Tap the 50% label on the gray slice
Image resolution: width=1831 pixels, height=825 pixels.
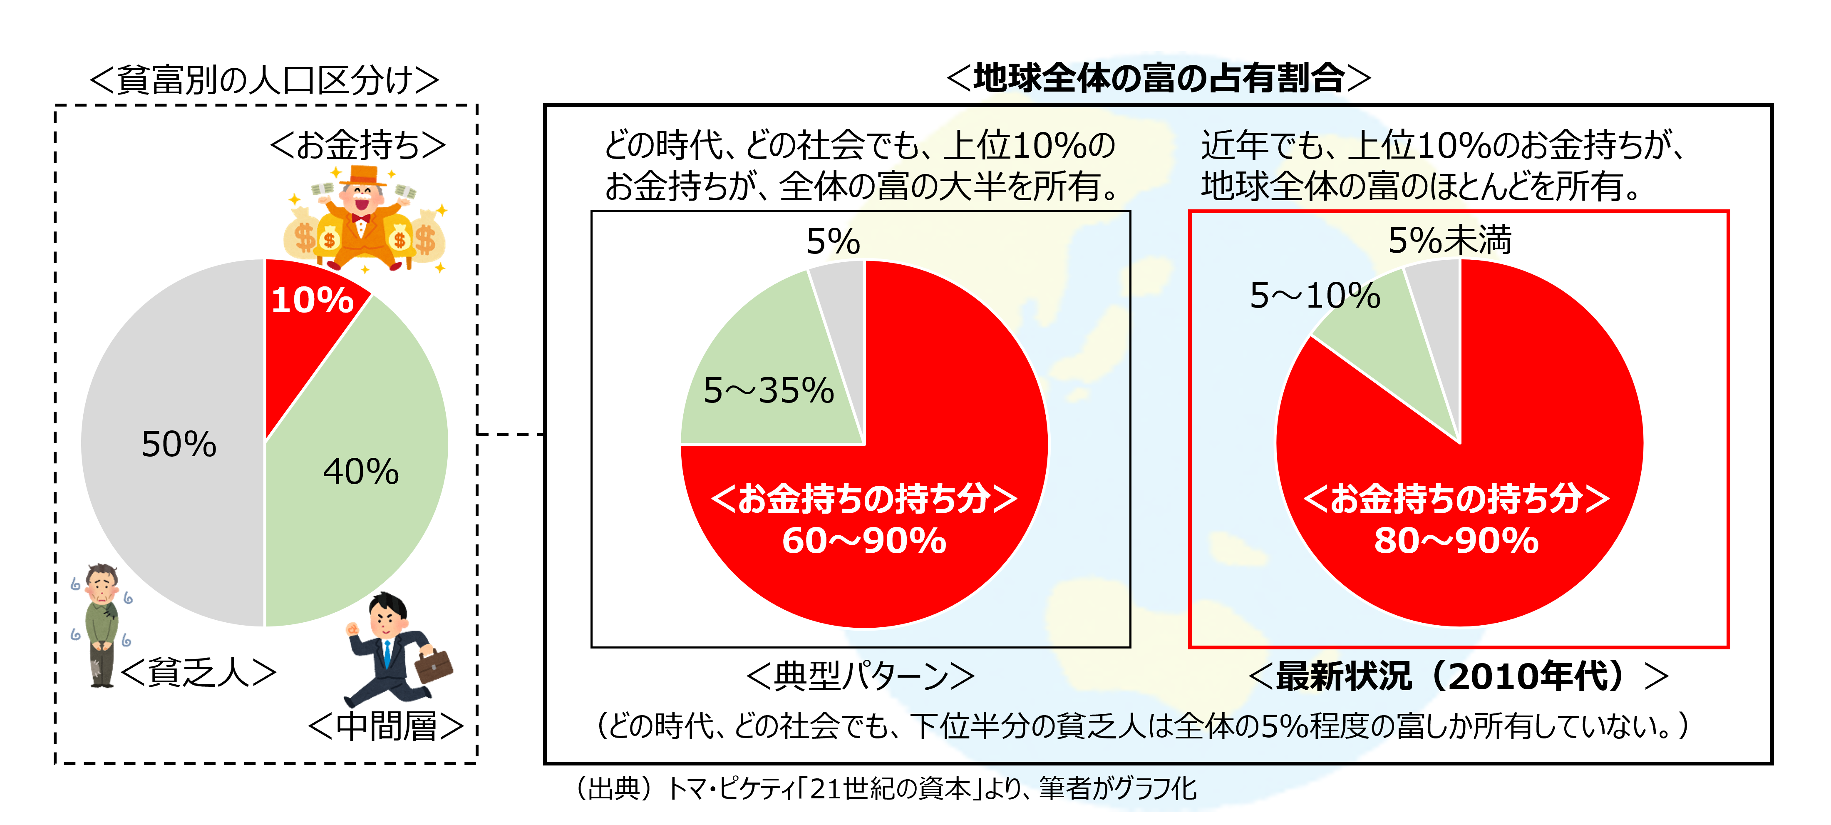pos(179,445)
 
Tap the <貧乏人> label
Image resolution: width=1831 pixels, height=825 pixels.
pos(198,673)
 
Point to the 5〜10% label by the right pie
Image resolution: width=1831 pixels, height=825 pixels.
pos(1315,295)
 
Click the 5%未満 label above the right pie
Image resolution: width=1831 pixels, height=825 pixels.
pos(1449,241)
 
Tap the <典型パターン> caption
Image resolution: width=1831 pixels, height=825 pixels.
pos(860,676)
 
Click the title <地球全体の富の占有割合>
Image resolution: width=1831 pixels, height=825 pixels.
pos(1159,78)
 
